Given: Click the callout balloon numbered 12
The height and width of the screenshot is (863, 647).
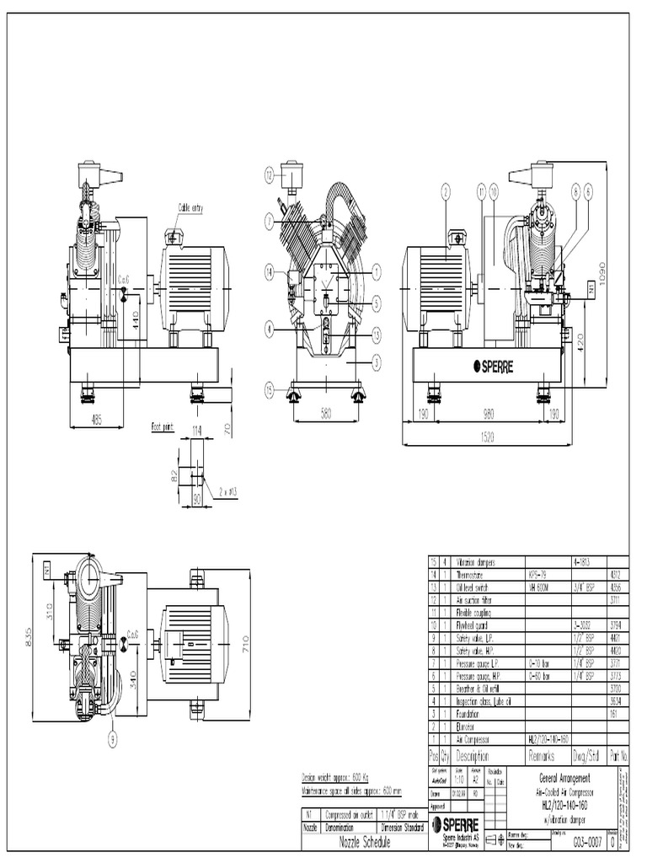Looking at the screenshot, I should [x=269, y=175].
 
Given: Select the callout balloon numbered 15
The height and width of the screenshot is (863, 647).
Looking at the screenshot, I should [x=269, y=389].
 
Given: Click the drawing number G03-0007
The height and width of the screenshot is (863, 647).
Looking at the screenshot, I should [x=589, y=840].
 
